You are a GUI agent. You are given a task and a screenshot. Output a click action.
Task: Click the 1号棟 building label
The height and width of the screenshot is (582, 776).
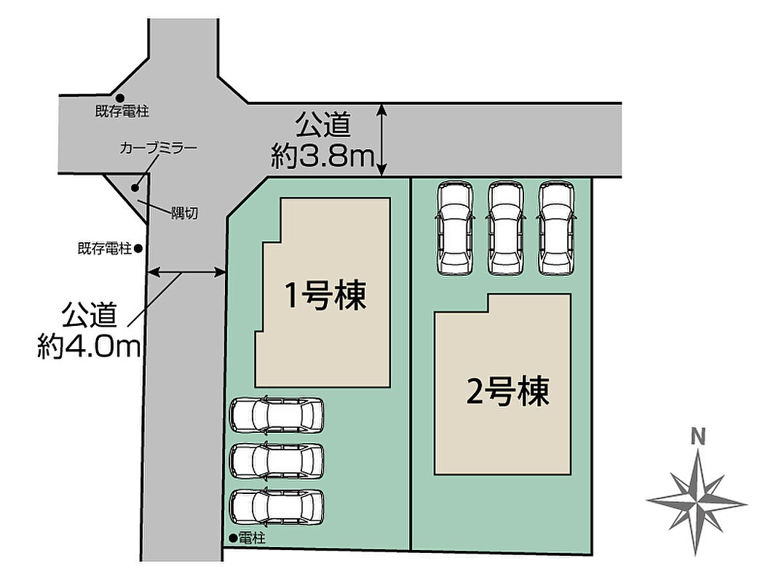[x=325, y=295]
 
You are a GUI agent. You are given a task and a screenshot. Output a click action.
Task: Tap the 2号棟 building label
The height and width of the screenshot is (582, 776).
[x=508, y=391]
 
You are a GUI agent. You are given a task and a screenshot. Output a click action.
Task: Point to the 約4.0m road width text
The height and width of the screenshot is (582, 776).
[x=89, y=346]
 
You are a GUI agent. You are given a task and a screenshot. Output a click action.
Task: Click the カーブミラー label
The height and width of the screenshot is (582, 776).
[x=159, y=148]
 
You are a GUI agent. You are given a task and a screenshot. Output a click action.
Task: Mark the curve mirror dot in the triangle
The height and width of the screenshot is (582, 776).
[x=135, y=188]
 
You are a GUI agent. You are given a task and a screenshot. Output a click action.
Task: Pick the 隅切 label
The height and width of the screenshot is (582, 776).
[x=185, y=213]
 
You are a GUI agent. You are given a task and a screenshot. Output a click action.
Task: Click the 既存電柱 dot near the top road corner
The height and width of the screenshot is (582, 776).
[x=120, y=99]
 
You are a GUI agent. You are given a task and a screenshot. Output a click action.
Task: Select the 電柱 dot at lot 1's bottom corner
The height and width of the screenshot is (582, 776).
[x=233, y=538]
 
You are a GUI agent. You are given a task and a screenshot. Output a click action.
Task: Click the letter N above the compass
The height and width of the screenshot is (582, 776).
[x=698, y=437]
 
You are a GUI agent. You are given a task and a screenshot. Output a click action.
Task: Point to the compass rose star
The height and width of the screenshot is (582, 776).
[x=697, y=503]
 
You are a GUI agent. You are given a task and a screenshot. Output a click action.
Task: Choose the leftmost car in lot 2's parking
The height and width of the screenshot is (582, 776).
[x=455, y=228]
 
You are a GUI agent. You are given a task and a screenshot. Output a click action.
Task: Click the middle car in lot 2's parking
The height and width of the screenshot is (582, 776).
[x=505, y=228]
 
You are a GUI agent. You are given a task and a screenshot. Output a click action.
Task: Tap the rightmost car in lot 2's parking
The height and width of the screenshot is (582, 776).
[x=557, y=228]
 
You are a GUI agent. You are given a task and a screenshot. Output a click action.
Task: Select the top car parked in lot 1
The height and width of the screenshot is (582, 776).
[x=277, y=415]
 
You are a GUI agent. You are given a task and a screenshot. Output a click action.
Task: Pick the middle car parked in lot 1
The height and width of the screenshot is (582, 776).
[x=277, y=461]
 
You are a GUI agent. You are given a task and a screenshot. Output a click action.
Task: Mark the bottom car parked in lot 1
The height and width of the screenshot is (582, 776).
[x=277, y=507]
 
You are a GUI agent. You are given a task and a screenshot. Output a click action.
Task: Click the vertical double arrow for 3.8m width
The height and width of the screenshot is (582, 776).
[x=381, y=140]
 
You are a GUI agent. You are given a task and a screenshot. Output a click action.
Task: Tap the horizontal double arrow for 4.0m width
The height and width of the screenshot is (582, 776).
[x=186, y=271]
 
